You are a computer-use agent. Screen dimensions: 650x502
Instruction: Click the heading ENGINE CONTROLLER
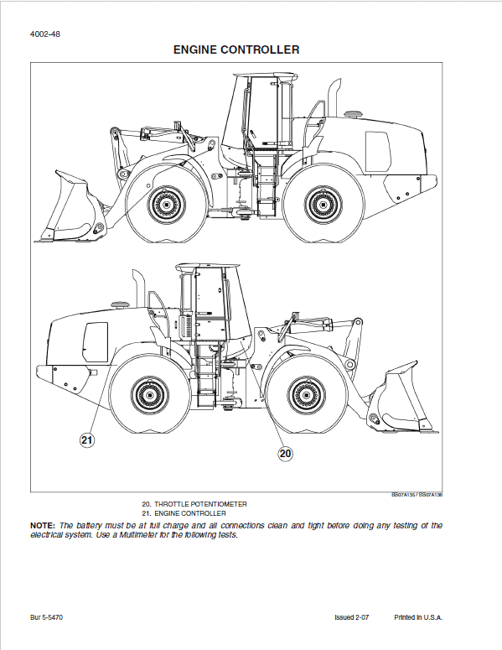click(x=236, y=50)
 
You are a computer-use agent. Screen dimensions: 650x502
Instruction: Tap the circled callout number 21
click(x=87, y=439)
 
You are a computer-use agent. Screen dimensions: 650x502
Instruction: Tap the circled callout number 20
click(x=285, y=454)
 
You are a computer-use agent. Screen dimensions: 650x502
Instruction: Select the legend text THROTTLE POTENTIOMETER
click(x=199, y=504)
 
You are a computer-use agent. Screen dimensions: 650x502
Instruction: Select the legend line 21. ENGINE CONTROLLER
click(x=184, y=513)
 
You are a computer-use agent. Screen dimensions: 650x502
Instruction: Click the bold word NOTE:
click(x=43, y=525)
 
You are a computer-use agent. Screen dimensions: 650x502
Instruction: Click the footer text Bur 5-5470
click(x=47, y=618)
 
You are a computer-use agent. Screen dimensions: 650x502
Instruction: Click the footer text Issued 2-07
click(x=352, y=618)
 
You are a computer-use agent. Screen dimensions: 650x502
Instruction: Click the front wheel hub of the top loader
click(x=161, y=203)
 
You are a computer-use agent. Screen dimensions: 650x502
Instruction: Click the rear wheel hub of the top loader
click(x=322, y=203)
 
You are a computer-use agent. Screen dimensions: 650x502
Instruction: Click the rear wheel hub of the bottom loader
click(x=151, y=395)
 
